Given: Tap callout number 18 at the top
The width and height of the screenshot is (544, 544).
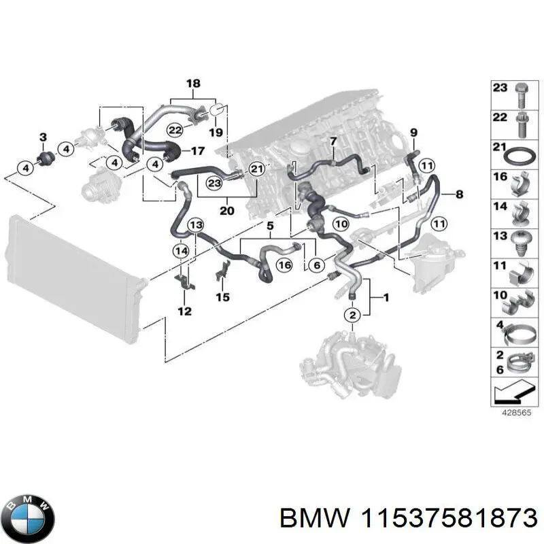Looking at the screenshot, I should coord(193,84).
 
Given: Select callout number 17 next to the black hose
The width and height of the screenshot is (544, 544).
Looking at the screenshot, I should coord(198,150).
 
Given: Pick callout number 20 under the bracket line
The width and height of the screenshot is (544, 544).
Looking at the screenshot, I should coord(227,210).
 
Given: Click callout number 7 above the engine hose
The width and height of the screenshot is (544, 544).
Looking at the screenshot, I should coord(333,141).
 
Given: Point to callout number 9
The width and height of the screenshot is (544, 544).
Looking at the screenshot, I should coord(414,131).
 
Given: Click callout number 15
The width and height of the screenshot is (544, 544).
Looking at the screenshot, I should coord(222,296).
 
